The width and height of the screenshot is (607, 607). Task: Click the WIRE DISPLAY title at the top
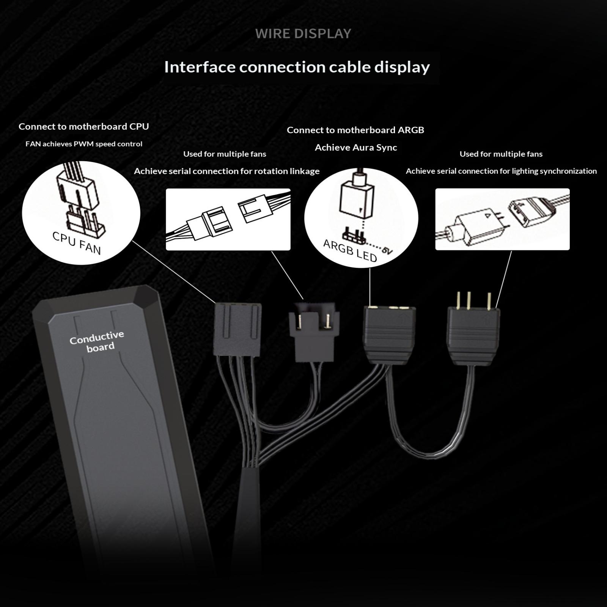click(303, 34)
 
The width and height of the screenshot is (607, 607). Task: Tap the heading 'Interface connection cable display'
click(297, 67)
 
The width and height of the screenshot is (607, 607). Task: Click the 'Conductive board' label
click(97, 341)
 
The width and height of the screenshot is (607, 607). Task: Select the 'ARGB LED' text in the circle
click(350, 251)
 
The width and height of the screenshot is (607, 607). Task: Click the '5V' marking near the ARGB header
click(387, 250)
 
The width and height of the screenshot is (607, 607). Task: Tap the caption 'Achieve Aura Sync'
click(356, 148)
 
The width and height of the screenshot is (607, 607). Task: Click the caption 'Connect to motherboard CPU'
click(84, 126)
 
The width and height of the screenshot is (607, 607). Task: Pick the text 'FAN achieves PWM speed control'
click(84, 144)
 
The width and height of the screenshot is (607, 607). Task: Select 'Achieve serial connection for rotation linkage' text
click(227, 171)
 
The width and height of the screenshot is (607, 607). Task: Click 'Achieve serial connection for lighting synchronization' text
click(501, 171)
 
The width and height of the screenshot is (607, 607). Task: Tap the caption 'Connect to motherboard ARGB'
click(355, 130)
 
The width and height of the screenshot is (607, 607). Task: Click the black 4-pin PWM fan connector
click(237, 329)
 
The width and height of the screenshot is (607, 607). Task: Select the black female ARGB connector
click(389, 335)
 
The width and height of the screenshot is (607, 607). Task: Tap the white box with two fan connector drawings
click(228, 219)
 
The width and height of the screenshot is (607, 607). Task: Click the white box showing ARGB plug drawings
click(502, 219)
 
